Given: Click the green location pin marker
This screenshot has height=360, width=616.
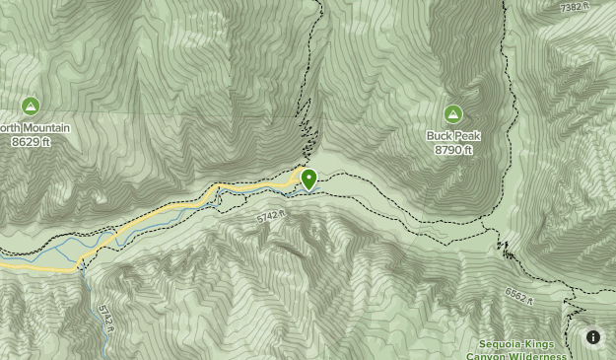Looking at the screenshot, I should point(308,179).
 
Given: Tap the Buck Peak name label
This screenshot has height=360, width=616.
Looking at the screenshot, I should point(453,137).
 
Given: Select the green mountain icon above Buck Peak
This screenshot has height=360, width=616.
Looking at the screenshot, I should point(453,114).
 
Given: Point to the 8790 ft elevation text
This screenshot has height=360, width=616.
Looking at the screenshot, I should point(453,150).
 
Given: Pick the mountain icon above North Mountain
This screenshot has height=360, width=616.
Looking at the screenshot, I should point(31,106).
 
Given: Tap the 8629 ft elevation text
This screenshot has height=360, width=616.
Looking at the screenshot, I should point(31,142).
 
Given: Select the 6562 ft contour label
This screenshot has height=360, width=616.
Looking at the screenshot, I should point(518,294).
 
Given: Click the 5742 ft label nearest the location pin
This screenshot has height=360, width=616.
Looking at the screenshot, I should point(269,216).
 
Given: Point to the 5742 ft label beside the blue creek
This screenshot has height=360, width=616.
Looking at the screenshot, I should point(105,319).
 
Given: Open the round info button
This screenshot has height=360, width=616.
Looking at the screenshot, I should point(593,337).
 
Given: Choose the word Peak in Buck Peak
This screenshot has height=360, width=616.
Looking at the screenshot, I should point(467,137).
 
